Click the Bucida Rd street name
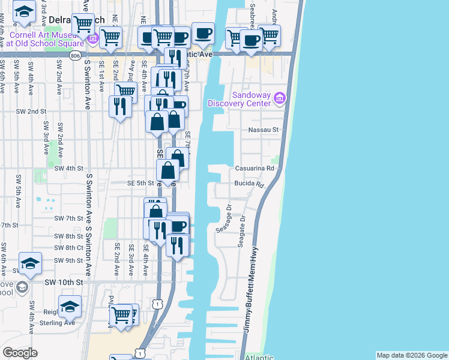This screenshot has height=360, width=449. coord(249,184)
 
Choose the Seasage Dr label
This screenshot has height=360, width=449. coord(229,215)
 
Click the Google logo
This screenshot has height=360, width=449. coord(20,352)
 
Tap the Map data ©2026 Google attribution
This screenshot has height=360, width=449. coord(412,355)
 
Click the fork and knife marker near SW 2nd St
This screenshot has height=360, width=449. coord(120,106)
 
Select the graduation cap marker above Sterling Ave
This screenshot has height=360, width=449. coord(70,306)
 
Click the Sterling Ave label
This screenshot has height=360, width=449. coord(61,323)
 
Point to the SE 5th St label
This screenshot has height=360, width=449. coord(142,184)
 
